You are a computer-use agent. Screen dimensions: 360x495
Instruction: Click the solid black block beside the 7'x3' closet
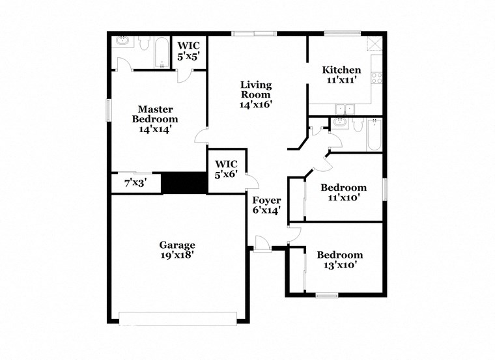click(183, 182)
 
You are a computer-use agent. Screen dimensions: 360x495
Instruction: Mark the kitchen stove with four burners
click(376, 78)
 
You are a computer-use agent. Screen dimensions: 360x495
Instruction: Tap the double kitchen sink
click(343, 109)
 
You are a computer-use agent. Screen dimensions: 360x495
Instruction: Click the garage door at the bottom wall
click(177, 318)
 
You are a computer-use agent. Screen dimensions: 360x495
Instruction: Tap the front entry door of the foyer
click(263, 244)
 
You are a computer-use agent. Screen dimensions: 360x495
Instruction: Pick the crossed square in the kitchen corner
click(374, 44)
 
